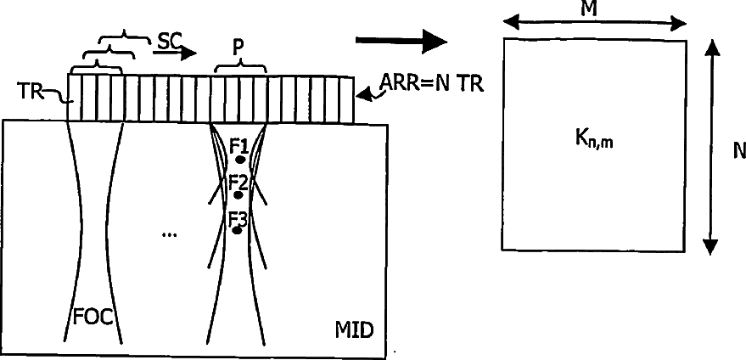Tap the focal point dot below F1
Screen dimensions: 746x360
point(241,160)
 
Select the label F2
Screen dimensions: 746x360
point(238,183)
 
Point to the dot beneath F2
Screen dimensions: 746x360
point(238,195)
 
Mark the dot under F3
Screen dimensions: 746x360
point(237,230)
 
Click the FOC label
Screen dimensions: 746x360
point(93,318)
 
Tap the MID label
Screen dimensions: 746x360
point(355,330)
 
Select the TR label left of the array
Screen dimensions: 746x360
point(30,91)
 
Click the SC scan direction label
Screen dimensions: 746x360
point(169,42)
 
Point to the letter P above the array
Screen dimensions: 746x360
point(238,48)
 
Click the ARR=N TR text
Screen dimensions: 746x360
point(431,84)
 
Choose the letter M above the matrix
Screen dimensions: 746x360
point(589,9)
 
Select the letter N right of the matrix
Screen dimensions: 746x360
point(739,151)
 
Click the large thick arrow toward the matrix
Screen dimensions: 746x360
point(401,42)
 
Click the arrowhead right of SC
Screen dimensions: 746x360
point(189,52)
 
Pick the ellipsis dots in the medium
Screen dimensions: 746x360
point(169,234)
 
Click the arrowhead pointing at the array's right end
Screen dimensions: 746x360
point(363,96)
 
